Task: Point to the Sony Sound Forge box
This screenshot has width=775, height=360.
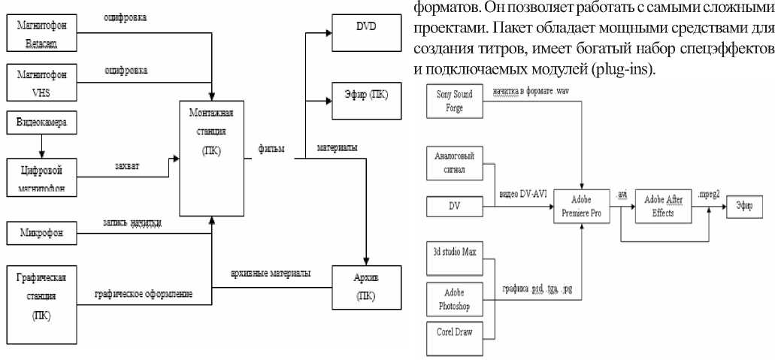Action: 454,101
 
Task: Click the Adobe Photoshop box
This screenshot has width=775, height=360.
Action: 454,300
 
